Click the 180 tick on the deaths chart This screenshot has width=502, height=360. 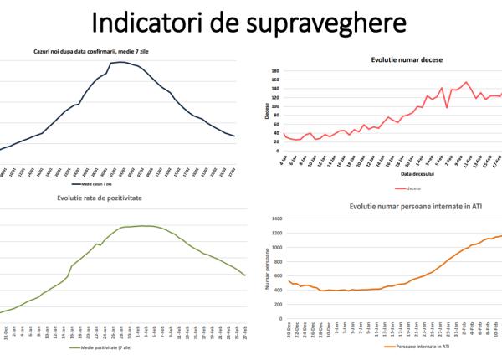click(274, 72)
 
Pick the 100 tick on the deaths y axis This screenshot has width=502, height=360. click(274, 107)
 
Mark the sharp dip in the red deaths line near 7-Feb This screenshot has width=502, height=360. click(448, 107)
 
